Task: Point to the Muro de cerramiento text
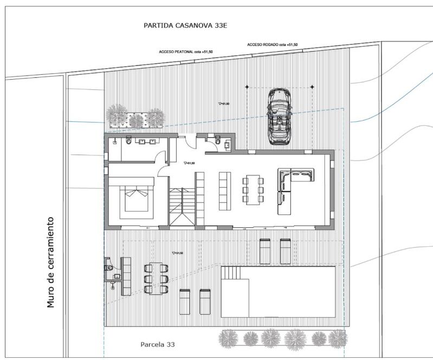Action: pyautogui.click(x=51, y=262)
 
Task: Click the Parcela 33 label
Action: pyautogui.click(x=158, y=344)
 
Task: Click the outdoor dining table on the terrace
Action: pyautogui.click(x=155, y=277)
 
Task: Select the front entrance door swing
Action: pyautogui.click(x=186, y=142)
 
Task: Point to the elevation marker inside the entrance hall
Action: pyautogui.click(x=188, y=162)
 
